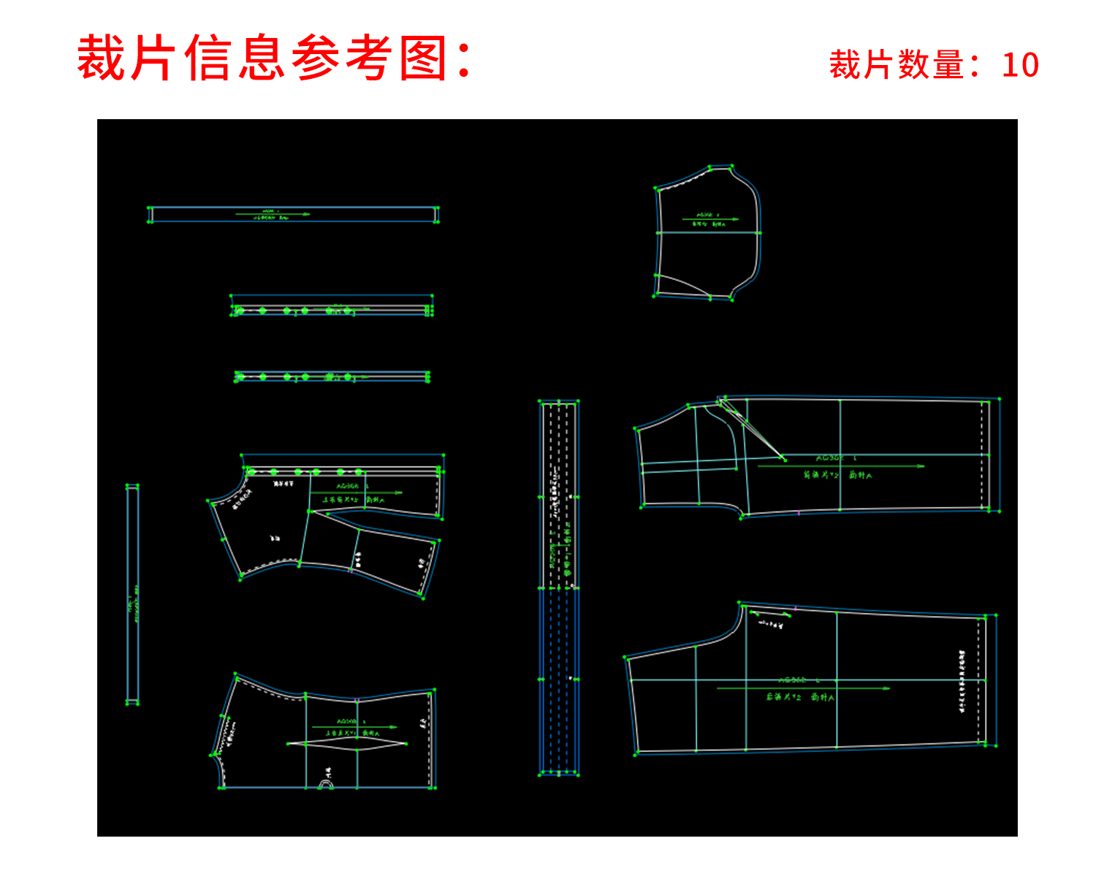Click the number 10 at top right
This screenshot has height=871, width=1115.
[1020, 65]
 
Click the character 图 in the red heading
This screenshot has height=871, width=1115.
[424, 58]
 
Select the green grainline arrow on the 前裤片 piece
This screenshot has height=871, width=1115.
[840, 465]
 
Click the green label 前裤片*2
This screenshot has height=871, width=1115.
[822, 475]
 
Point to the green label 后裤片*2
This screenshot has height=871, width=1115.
[784, 697]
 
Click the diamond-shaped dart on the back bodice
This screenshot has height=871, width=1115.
[346, 743]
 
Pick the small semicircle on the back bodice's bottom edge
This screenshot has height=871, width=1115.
[325, 785]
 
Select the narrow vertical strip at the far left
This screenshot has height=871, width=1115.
[132, 594]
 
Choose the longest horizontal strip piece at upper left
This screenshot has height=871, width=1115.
[293, 214]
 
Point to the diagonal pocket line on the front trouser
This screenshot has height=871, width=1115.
[753, 431]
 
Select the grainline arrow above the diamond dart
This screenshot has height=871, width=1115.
[354, 727]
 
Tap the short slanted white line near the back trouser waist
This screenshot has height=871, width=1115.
[772, 609]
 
